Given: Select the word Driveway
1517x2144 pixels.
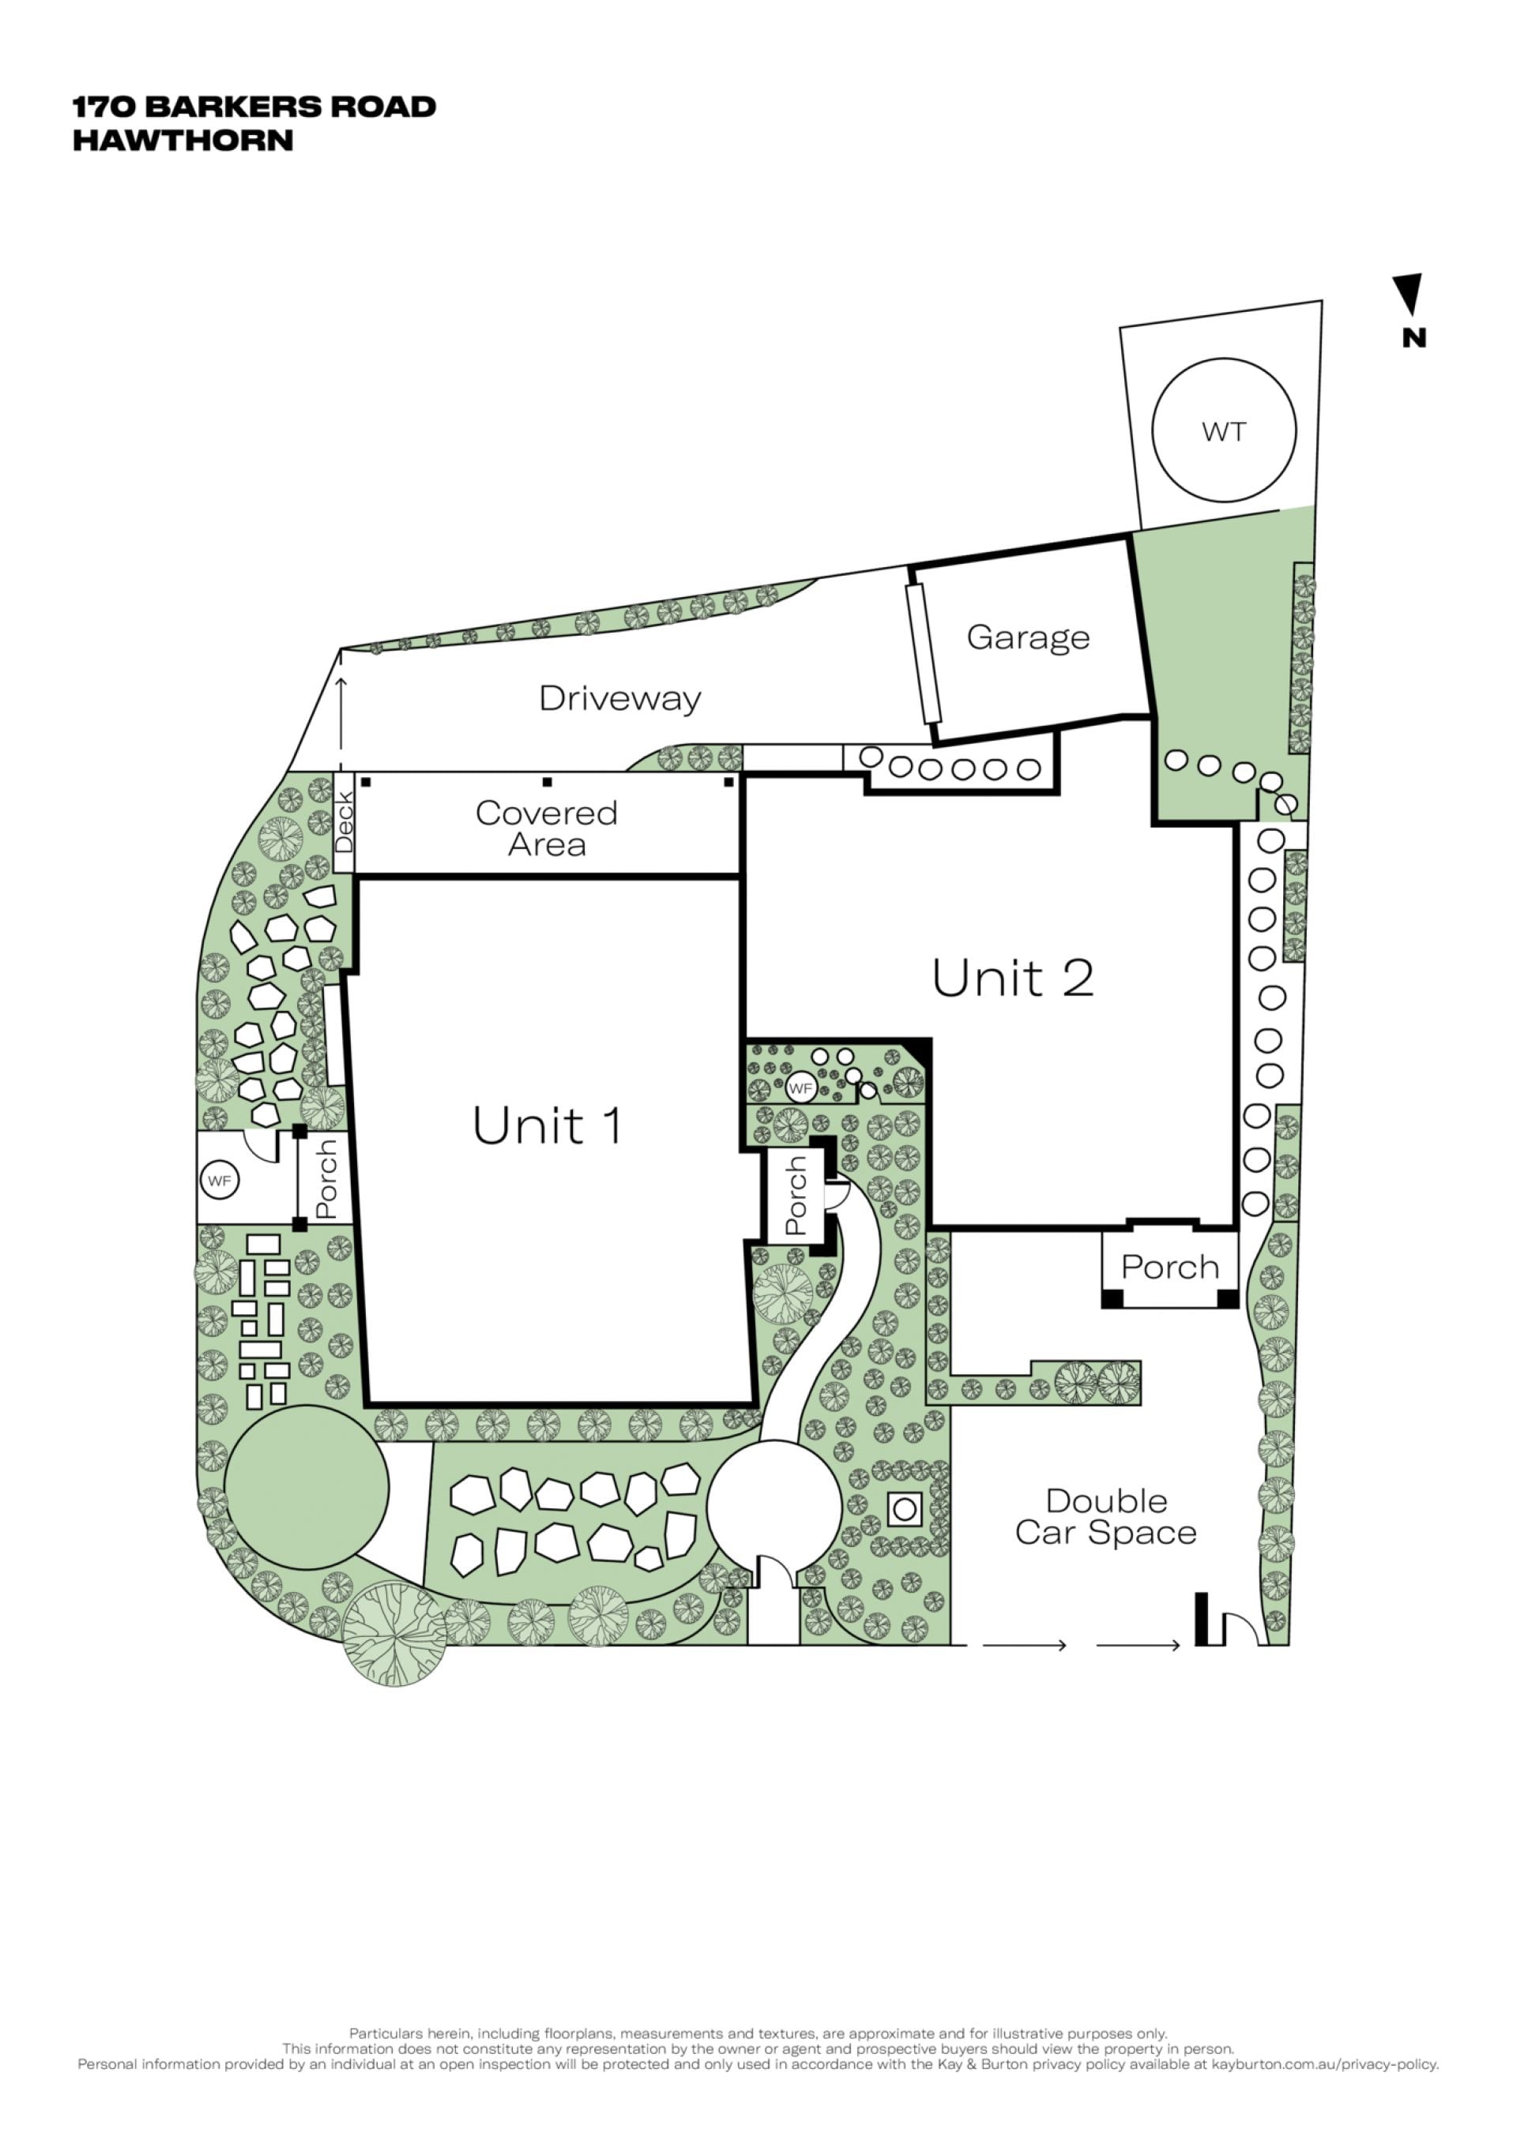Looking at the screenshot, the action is (x=620, y=699).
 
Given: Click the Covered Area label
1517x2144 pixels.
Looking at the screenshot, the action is (x=547, y=828).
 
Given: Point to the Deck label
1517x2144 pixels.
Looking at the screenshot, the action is (x=344, y=822).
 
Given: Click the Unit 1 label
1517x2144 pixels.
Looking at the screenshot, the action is (x=548, y=1125).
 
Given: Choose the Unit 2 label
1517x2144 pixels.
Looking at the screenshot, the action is (x=1013, y=978).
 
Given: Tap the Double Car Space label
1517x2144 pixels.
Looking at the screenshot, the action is (x=1106, y=1516).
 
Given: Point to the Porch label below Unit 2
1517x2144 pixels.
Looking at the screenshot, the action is (x=1170, y=1267).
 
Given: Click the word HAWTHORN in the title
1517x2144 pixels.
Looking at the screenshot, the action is (x=183, y=140).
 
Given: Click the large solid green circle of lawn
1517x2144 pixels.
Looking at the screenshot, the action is (x=307, y=1487).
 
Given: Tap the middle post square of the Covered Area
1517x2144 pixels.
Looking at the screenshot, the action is (x=548, y=783).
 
